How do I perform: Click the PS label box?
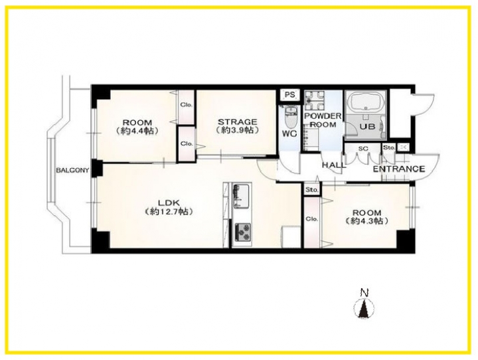tap(290, 94)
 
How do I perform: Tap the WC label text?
tap(289, 134)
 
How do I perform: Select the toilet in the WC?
tap(289, 118)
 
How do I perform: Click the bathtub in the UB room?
tap(365, 104)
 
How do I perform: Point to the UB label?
tap(367, 127)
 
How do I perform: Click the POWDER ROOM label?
tap(323, 120)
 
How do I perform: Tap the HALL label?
tap(334, 165)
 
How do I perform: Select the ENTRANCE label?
tap(399, 169)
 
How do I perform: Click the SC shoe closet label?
tap(363, 149)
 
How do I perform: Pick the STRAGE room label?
tap(237, 122)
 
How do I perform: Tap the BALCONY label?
tap(72, 170)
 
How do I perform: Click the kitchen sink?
tap(242, 196)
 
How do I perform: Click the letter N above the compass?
tap(362, 293)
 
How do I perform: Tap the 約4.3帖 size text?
tap(366, 221)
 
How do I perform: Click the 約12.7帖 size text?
tap(169, 211)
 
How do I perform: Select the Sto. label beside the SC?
tap(388, 148)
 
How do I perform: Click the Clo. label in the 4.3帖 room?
tap(312, 219)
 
